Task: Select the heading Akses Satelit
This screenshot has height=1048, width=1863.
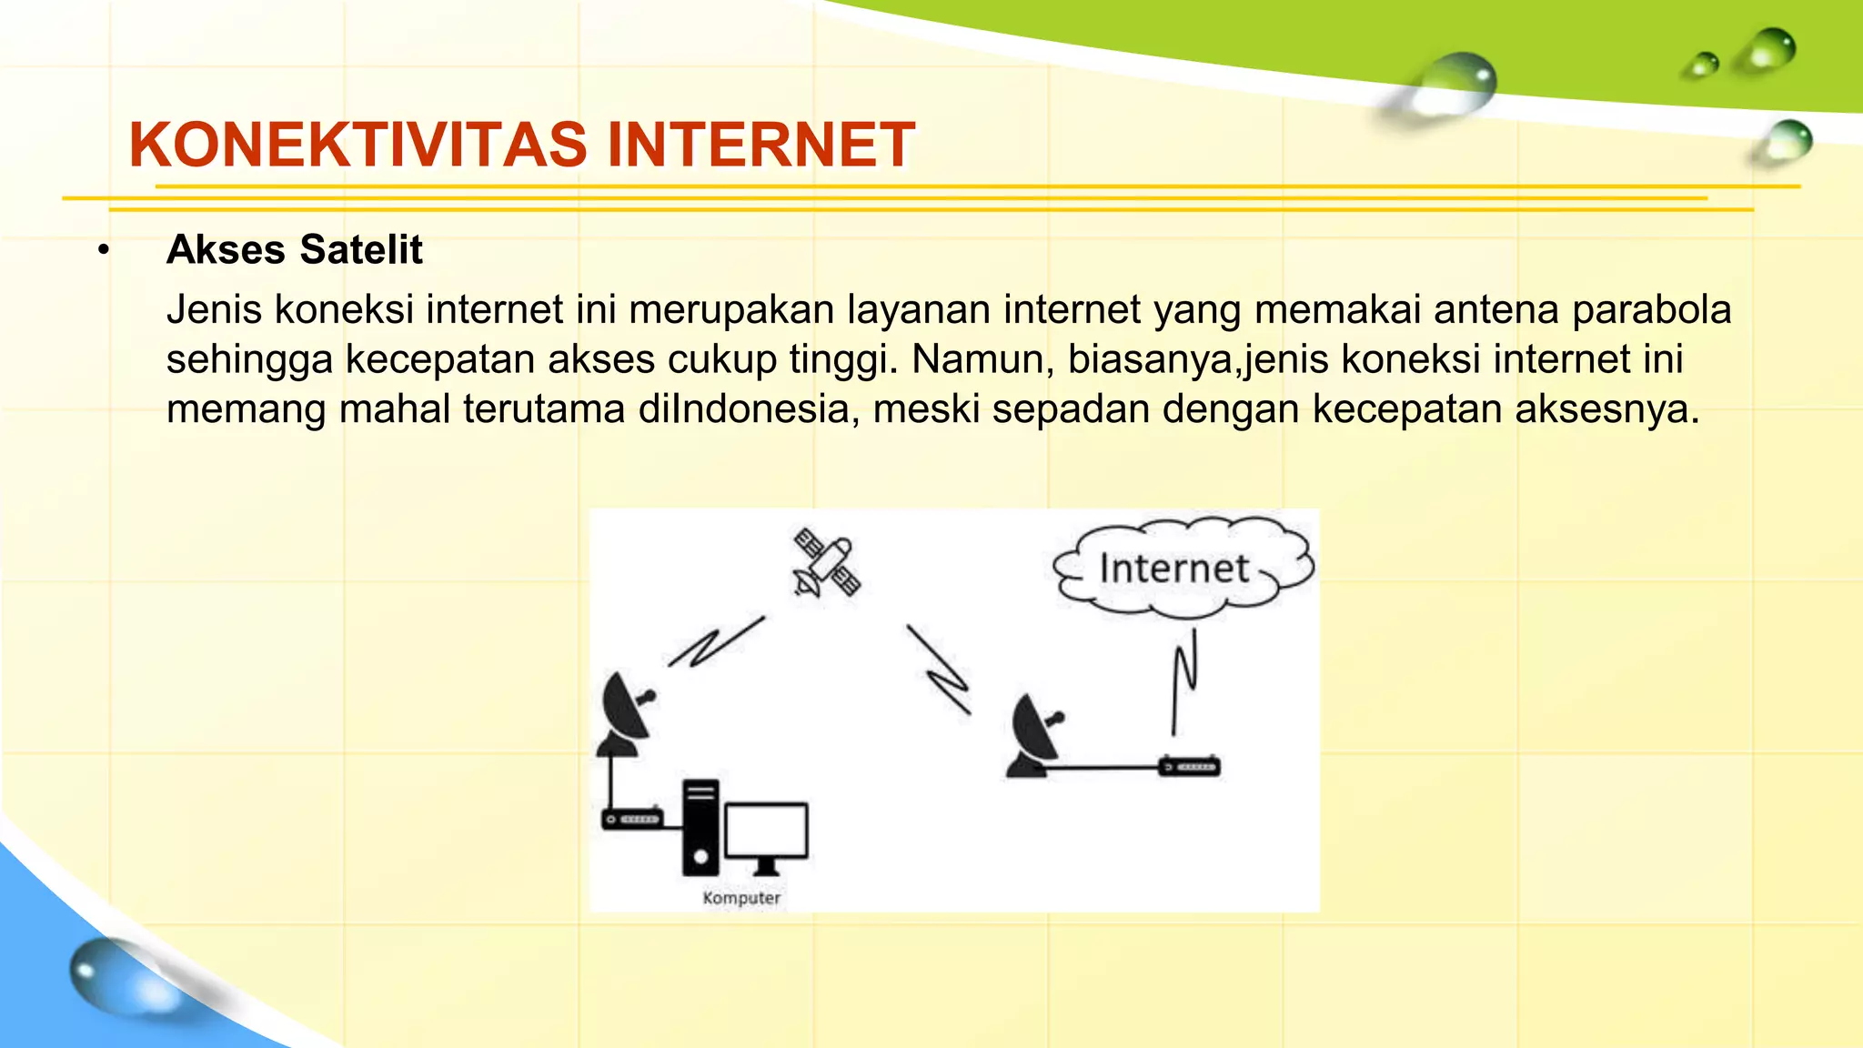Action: pos(294,250)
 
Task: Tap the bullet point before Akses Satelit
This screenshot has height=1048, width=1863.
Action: pos(105,250)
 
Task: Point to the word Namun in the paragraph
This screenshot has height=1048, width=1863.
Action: pos(982,359)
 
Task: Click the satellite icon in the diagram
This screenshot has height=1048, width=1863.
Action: pos(826,562)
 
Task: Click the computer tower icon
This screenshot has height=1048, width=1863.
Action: pos(700,827)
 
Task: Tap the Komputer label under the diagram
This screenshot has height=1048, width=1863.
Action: pos(741,898)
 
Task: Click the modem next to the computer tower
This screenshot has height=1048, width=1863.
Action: pos(632,820)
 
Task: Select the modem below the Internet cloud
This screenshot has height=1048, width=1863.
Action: pos(1189,767)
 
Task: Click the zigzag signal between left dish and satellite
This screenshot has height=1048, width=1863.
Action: pos(716,642)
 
